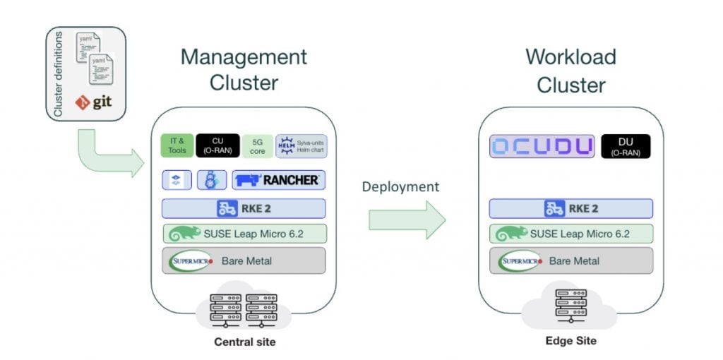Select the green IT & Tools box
[177, 145]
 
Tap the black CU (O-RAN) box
[217, 145]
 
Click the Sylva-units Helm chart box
[301, 145]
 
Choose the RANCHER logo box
[279, 180]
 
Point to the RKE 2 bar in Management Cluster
[244, 208]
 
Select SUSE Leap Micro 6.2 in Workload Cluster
[571, 234]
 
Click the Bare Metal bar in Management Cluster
[244, 260]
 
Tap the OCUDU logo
[542, 146]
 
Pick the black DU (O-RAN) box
[625, 146]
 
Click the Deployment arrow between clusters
[407, 220]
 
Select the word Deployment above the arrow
[400, 187]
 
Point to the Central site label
[244, 343]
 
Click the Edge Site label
[570, 341]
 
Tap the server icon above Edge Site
[570, 304]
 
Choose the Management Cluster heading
[244, 69]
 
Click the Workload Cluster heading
[570, 71]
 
